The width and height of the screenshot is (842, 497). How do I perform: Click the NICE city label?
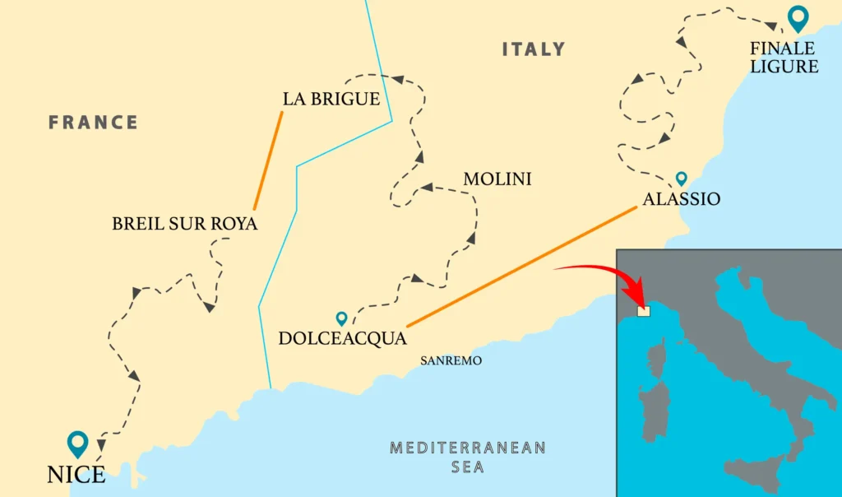pyautogui.click(x=76, y=475)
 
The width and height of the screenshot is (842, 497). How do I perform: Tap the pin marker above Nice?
pyautogui.click(x=78, y=443)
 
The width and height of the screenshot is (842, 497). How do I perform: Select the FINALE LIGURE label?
pyautogui.click(x=784, y=58)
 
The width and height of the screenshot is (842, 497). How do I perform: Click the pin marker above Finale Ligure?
pyautogui.click(x=797, y=17)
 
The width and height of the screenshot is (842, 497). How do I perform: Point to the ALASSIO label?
pyautogui.click(x=682, y=199)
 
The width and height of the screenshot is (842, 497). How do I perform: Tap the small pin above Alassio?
pyautogui.click(x=681, y=178)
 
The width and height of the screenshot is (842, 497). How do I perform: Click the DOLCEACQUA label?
pyautogui.click(x=343, y=338)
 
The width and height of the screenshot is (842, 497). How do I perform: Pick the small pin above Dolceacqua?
pyautogui.click(x=341, y=318)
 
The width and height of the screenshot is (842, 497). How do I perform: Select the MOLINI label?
pyautogui.click(x=497, y=179)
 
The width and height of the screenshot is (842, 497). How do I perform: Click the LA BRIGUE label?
pyautogui.click(x=331, y=100)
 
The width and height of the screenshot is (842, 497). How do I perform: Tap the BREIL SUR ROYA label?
pyautogui.click(x=184, y=224)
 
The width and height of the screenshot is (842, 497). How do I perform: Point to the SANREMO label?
pyautogui.click(x=451, y=360)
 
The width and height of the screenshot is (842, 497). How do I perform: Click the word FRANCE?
pyautogui.click(x=93, y=123)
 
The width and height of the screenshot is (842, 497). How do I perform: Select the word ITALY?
pyautogui.click(x=534, y=49)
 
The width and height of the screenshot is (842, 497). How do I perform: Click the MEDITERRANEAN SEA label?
pyautogui.click(x=467, y=457)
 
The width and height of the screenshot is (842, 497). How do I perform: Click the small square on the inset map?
pyautogui.click(x=644, y=311)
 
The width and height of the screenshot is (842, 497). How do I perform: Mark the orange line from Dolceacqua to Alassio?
pyautogui.click(x=521, y=267)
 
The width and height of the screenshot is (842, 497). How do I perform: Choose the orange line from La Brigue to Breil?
pyautogui.click(x=268, y=160)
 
